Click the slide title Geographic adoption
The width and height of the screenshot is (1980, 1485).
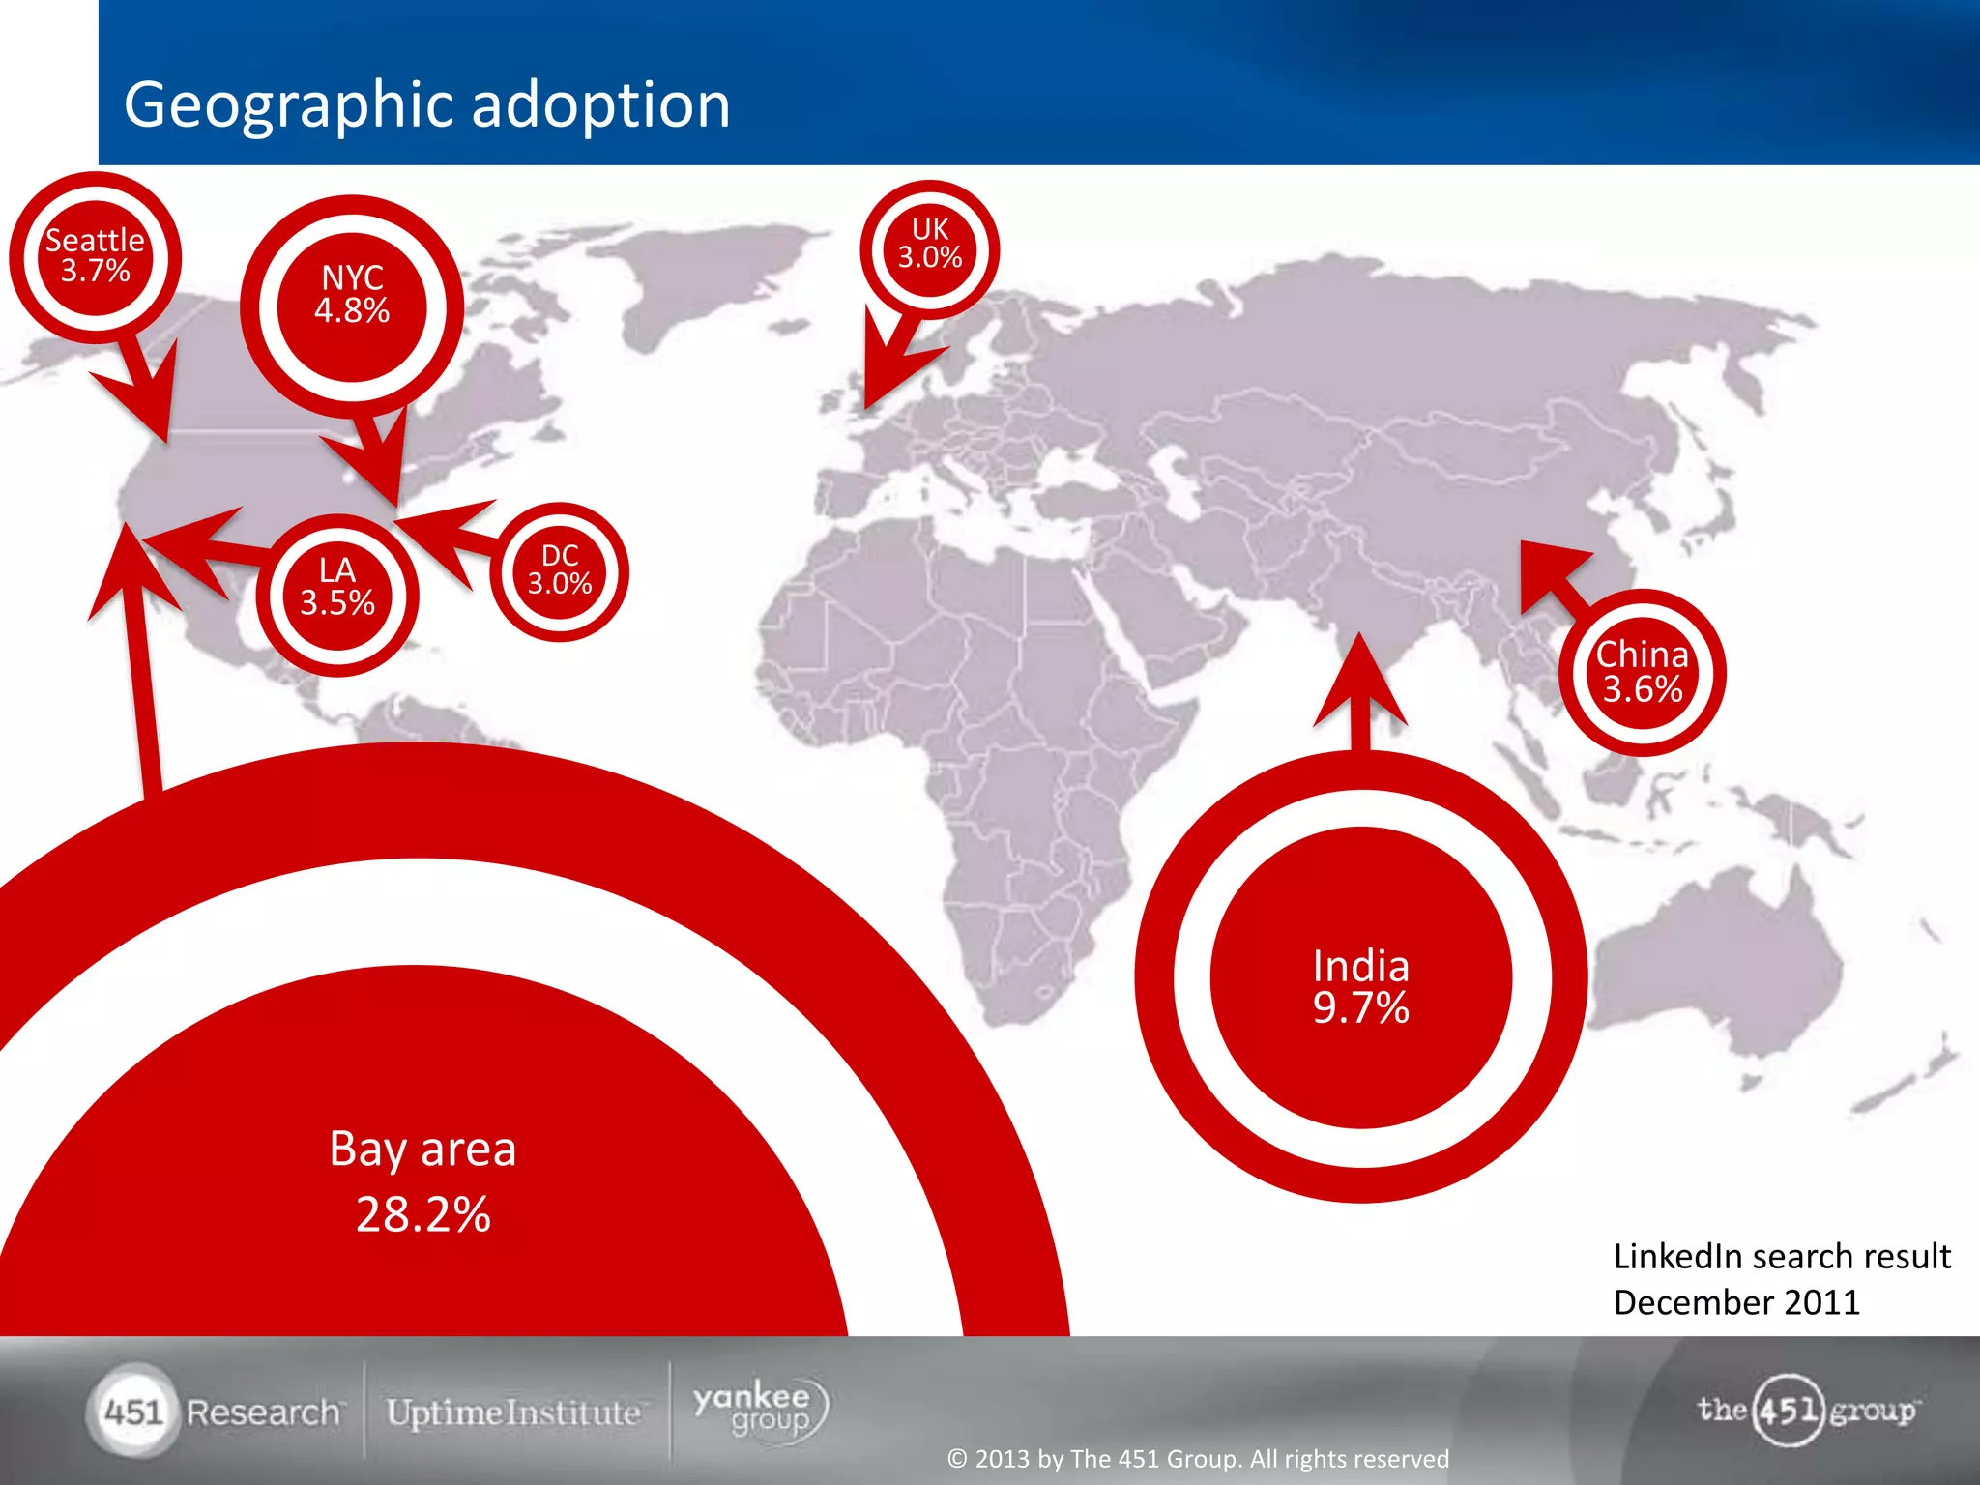tap(426, 104)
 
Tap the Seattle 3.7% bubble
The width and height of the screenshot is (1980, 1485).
tap(95, 256)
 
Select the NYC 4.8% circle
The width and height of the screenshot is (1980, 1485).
tap(352, 296)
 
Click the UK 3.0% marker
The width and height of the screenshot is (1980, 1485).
tap(929, 245)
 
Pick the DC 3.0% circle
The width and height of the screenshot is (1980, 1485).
tap(559, 570)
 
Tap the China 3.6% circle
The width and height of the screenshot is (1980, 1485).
tap(1642, 672)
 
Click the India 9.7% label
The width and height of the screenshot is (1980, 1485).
tap(1360, 986)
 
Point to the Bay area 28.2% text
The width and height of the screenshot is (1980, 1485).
tap(422, 1181)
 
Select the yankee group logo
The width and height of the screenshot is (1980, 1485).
tap(760, 1410)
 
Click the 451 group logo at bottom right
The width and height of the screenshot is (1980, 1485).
tap(1806, 1410)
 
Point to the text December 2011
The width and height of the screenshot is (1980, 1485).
tap(1736, 1302)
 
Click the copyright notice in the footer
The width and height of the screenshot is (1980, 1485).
tap(1198, 1458)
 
